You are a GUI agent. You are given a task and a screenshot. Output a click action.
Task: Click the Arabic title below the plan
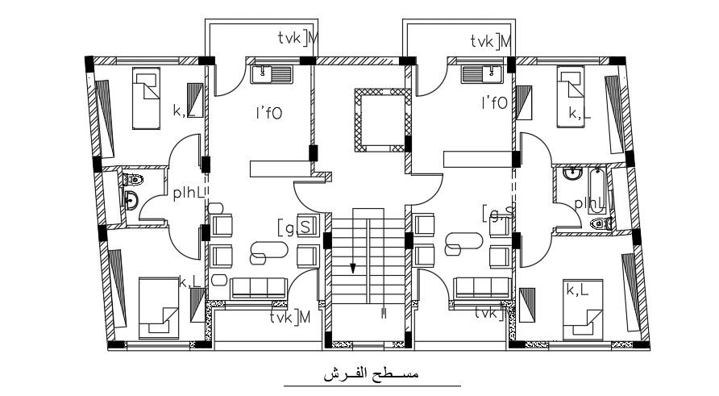tap(371, 374)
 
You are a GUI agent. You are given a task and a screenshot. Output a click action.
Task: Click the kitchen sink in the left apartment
tap(271, 75)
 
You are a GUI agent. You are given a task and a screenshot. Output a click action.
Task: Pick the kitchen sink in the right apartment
tap(482, 75)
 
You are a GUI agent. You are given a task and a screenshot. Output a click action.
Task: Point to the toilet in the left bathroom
tap(134, 179)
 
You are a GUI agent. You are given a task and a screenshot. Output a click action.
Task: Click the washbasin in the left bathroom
tap(131, 200)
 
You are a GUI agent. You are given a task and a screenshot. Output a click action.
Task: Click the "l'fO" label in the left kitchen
tap(268, 114)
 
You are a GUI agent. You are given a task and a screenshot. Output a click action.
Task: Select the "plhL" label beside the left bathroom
tap(190, 193)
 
